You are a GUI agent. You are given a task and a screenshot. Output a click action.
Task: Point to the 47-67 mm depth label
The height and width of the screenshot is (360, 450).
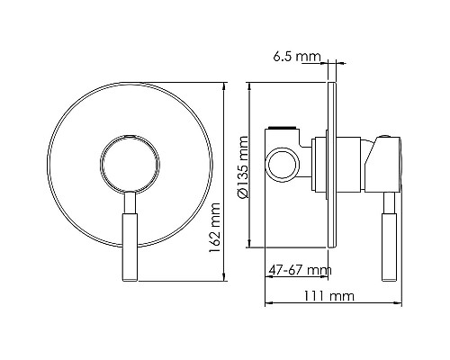point(299,269)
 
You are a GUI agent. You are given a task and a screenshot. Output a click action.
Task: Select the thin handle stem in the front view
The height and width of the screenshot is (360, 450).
point(130,202)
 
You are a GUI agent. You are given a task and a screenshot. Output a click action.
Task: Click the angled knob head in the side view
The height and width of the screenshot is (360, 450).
point(384,162)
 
